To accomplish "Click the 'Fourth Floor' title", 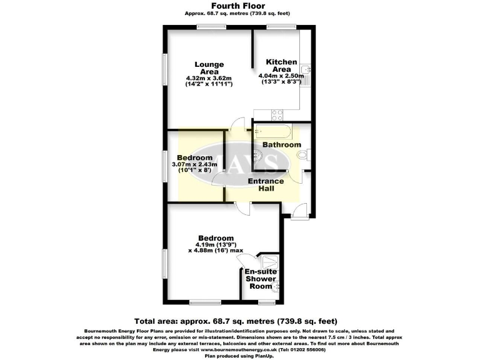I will tap(240, 6).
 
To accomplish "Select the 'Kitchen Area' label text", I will tap(281, 66).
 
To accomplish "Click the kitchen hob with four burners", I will tap(277, 114).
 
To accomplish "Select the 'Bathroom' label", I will tap(281, 145).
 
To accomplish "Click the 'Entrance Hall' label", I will tap(266, 185).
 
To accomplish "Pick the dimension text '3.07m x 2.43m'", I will tap(195, 164).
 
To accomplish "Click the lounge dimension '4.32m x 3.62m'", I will tap(209, 78).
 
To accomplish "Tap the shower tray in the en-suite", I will tap(270, 262).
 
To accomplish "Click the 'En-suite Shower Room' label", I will tap(259, 279).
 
